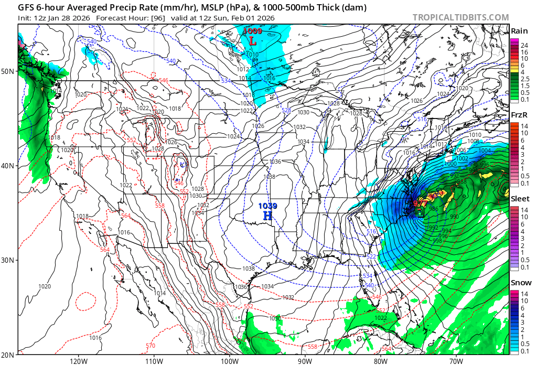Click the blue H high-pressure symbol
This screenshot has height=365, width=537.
[267, 216]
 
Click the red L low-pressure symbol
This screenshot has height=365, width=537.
[253, 40]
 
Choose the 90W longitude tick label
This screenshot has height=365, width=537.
[305, 360]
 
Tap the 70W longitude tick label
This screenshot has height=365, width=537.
[456, 360]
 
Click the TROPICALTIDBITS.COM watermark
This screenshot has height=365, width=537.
[460, 17]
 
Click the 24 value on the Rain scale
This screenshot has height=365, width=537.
[523, 46]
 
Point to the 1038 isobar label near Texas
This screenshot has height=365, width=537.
[249, 269]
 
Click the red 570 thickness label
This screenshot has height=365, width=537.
[151, 346]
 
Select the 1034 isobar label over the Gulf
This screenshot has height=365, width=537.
[267, 286]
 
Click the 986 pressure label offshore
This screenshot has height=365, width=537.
[433, 209]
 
